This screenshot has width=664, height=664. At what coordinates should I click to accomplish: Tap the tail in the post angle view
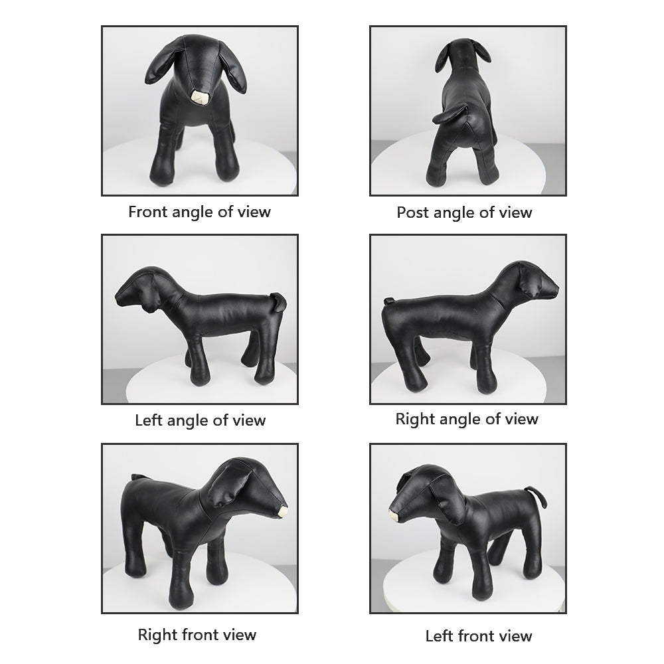click(450, 113)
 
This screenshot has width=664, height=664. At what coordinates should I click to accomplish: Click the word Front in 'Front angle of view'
click(148, 211)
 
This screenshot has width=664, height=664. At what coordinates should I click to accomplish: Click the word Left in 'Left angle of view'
click(148, 420)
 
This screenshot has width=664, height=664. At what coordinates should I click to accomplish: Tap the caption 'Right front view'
click(197, 634)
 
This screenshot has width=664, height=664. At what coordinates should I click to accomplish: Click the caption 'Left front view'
click(479, 635)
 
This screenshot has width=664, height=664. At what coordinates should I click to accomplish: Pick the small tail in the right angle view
click(388, 301)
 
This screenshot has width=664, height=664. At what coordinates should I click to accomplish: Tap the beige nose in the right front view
click(282, 511)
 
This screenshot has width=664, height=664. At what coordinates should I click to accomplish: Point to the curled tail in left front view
click(537, 496)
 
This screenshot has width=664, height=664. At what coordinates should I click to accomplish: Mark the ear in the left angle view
click(148, 302)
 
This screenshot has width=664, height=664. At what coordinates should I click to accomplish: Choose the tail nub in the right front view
click(137, 477)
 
